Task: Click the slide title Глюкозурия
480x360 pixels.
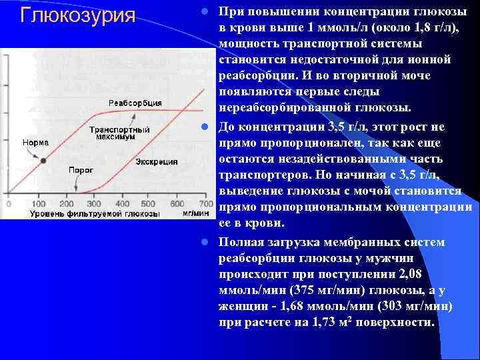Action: point(78,15)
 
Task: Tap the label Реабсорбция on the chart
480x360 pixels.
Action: point(135,103)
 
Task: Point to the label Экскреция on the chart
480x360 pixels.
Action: point(157,161)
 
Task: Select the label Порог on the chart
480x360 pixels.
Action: point(81,170)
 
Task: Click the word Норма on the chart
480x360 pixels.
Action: point(35,142)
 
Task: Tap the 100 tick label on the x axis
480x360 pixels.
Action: point(38,203)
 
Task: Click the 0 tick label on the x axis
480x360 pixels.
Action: point(11,203)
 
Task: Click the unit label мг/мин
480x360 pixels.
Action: point(195,213)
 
